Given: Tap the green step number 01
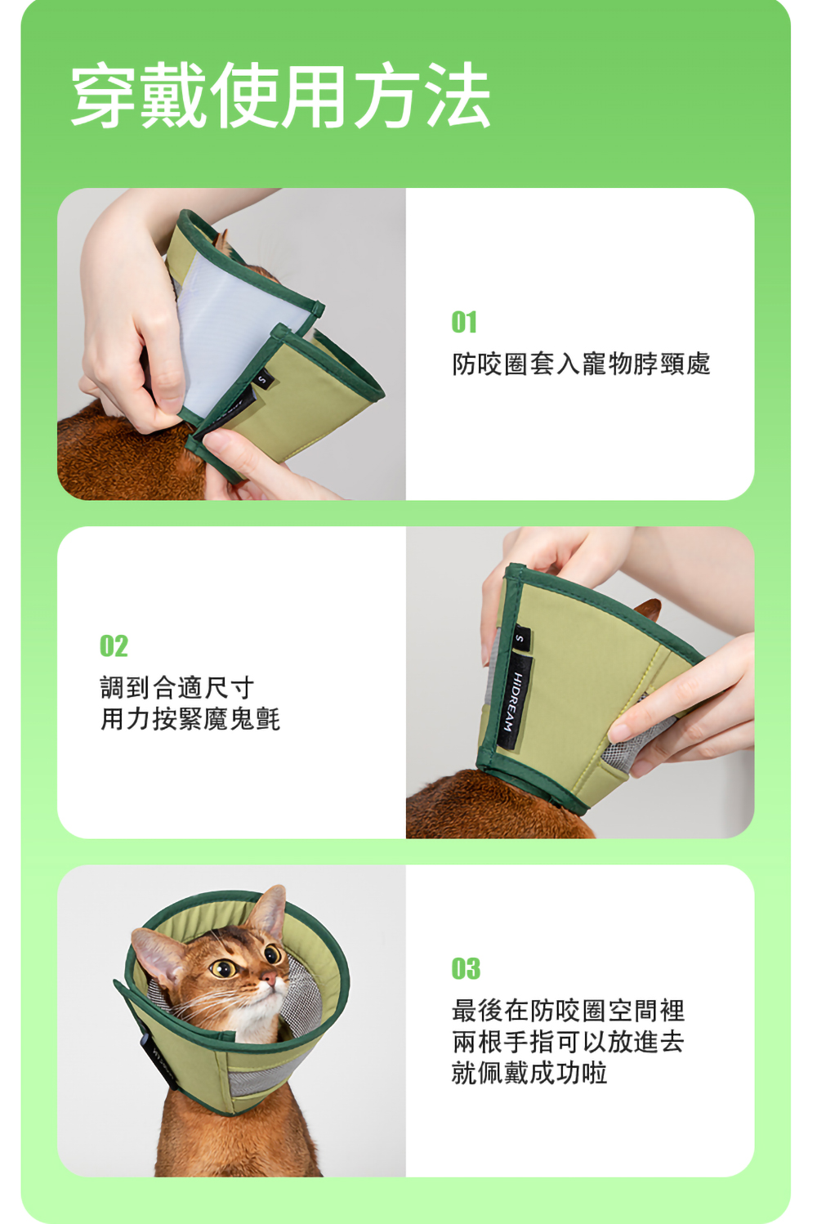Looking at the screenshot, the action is (465, 322).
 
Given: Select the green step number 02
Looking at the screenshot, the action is (114, 646).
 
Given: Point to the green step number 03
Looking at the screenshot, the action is (466, 969).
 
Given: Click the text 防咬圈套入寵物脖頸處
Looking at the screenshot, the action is (581, 364).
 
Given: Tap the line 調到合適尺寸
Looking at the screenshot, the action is (177, 687).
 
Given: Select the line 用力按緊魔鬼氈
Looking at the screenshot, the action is (190, 718).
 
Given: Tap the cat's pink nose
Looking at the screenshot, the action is (269, 976).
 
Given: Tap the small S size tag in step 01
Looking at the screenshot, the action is (263, 378).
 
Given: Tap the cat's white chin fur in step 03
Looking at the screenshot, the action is (257, 1015).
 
